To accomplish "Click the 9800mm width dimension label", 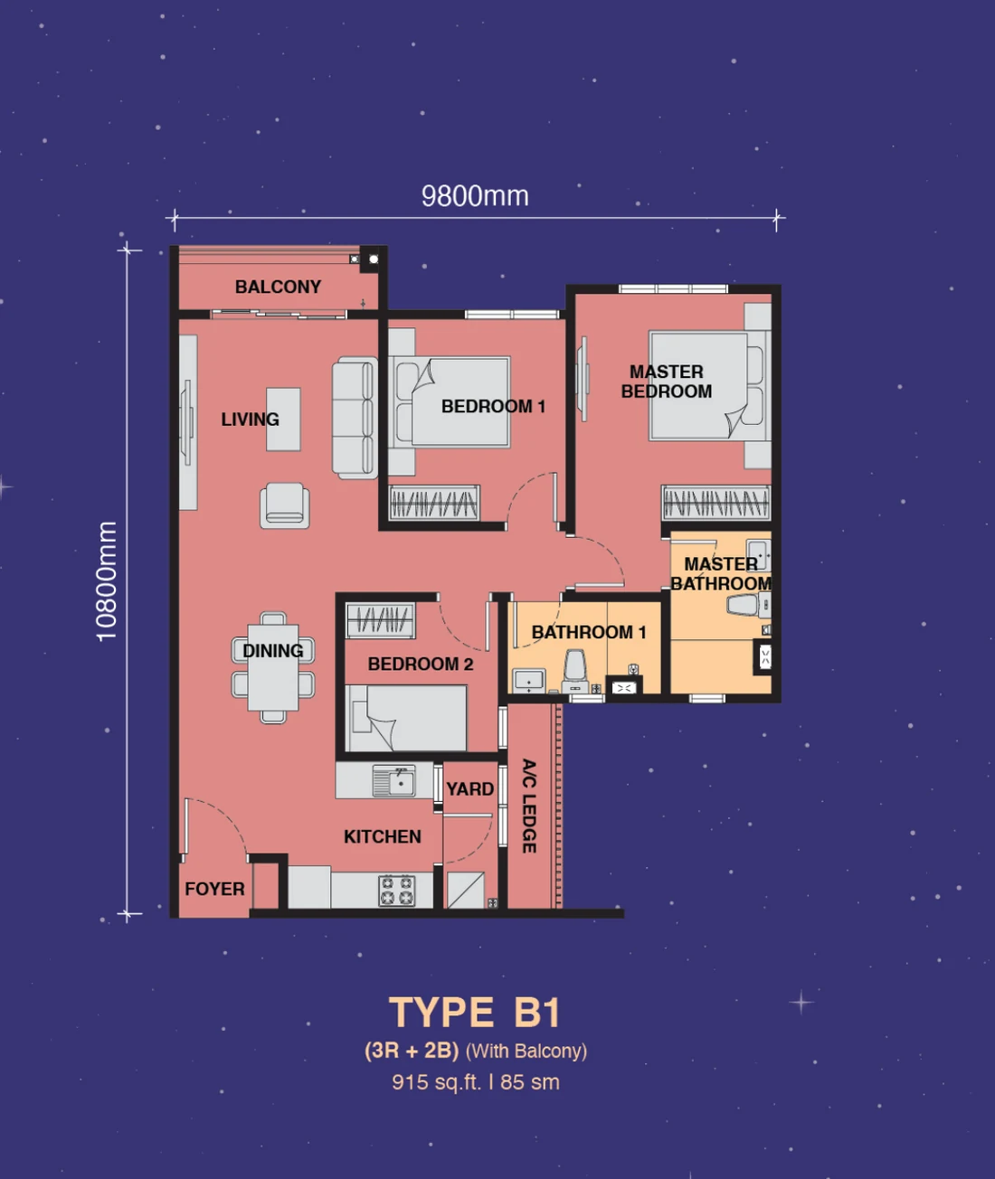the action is pyautogui.click(x=475, y=196).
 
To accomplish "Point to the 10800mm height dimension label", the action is pyautogui.click(x=107, y=581).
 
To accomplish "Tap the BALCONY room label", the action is pyautogui.click(x=278, y=287).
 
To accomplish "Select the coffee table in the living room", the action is pyautogui.click(x=283, y=419).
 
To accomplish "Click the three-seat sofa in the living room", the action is pyautogui.click(x=355, y=418).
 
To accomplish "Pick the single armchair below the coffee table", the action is pyautogui.click(x=285, y=505).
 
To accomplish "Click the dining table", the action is pyautogui.click(x=273, y=667).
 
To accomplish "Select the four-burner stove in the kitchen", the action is pyautogui.click(x=397, y=891).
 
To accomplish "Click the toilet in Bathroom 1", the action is pyautogui.click(x=574, y=671).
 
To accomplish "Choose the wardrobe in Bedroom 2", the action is pyautogui.click(x=380, y=620).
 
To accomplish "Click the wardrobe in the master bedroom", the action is pyautogui.click(x=715, y=502).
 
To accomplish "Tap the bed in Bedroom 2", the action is pyautogui.click(x=406, y=718).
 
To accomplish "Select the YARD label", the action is pyautogui.click(x=470, y=788).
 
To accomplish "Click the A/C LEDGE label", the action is pyautogui.click(x=529, y=806).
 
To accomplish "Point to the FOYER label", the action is pyautogui.click(x=214, y=889).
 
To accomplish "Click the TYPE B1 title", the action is pyautogui.click(x=475, y=1013).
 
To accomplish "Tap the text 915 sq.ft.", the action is pyautogui.click(x=437, y=1082).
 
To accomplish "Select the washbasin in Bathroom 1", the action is pyautogui.click(x=529, y=681).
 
